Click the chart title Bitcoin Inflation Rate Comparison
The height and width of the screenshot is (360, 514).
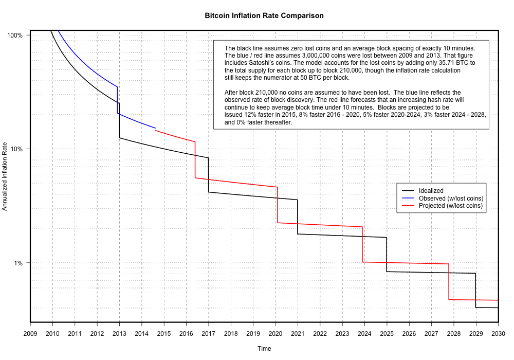pyautogui.click(x=264, y=15)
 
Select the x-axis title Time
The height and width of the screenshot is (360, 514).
pyautogui.click(x=264, y=349)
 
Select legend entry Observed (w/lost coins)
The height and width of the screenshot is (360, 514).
pyautogui.click(x=451, y=199)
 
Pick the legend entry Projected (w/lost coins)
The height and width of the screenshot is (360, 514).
pyautogui.click(x=451, y=206)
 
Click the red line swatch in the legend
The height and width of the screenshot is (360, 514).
pyautogui.click(x=408, y=206)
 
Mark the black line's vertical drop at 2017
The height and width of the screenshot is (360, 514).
pyautogui.click(x=208, y=175)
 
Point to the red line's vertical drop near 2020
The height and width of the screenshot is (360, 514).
pyautogui.click(x=277, y=205)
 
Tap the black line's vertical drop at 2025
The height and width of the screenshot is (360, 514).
pyautogui.click(x=387, y=255)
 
